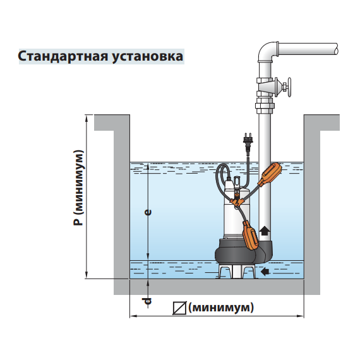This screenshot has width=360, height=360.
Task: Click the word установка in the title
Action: (147, 57)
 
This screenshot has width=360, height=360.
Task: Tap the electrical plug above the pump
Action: (248, 141)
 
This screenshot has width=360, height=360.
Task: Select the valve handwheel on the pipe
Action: (289, 87)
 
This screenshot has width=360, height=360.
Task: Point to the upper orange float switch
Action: (270, 174)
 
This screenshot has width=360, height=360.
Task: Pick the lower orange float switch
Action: (251, 235)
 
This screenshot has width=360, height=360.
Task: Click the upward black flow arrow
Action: (264, 231)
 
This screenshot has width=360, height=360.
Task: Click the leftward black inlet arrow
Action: (265, 272)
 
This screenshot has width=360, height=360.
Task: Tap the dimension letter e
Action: (148, 212)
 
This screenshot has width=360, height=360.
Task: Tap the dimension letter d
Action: (147, 301)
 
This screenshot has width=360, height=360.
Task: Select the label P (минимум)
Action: (78, 188)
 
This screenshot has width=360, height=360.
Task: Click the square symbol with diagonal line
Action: (179, 308)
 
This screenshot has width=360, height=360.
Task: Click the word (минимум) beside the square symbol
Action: (221, 308)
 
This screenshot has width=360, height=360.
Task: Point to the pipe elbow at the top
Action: (268, 52)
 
